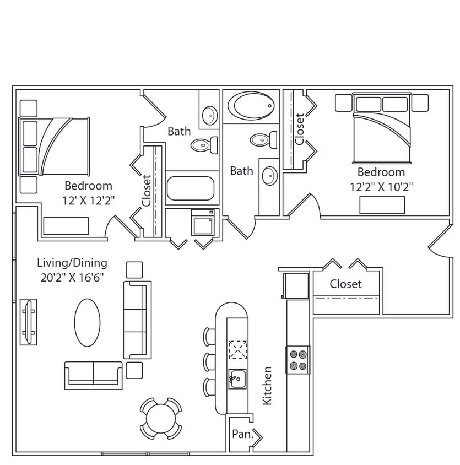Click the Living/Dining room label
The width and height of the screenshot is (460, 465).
(72, 263)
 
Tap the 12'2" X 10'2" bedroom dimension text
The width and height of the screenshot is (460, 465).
(381, 186)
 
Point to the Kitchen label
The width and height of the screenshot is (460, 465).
(267, 386)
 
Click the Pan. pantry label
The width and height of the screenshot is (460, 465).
(241, 434)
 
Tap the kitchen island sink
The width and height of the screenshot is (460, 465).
(237, 379)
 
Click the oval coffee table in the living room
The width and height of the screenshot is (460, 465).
(88, 322)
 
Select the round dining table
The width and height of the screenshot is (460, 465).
(160, 419)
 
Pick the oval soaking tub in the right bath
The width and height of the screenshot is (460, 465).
(251, 105)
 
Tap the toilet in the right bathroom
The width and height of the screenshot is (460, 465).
(263, 139)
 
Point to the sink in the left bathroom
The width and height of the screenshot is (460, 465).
(209, 116)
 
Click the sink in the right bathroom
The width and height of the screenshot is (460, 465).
(269, 176)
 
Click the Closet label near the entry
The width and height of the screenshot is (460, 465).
(345, 284)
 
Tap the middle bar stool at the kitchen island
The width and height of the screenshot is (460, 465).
(209, 361)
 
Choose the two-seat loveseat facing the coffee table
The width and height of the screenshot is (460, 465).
(93, 375)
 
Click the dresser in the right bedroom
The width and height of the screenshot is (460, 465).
(382, 205)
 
